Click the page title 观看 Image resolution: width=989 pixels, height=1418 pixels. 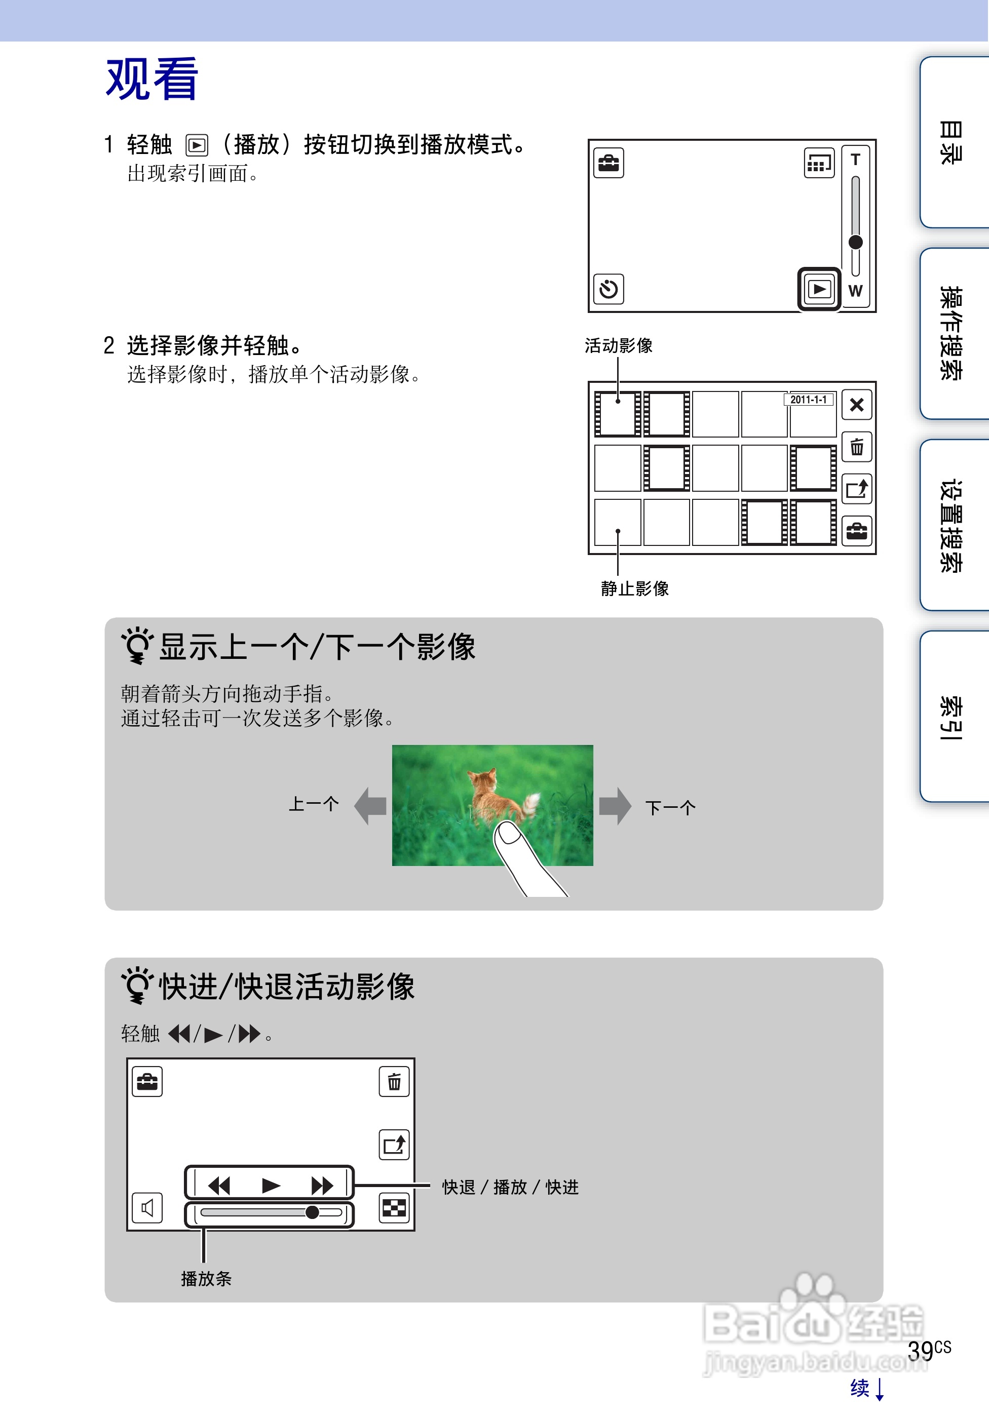(151, 80)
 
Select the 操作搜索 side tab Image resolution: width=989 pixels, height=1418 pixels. (952, 334)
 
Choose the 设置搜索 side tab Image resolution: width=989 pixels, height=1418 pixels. (952, 525)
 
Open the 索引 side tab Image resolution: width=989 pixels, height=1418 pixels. (952, 717)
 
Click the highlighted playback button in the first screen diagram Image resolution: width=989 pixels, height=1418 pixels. (819, 289)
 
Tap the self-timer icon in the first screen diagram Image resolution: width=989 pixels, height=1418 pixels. (608, 289)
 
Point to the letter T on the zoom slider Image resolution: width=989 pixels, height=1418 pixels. (856, 160)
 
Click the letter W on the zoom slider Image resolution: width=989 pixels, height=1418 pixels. (856, 291)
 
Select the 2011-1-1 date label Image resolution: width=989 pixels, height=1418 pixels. (809, 400)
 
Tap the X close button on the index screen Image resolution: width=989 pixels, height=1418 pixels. (857, 405)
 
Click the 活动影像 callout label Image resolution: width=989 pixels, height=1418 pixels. (618, 346)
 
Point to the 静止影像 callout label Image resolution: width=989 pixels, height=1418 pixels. (634, 588)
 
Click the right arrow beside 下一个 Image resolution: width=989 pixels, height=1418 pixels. (615, 806)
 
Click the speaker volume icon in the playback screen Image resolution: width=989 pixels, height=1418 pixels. (147, 1208)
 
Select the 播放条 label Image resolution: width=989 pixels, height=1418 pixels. (206, 1278)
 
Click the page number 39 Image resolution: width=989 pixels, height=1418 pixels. (921, 1351)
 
